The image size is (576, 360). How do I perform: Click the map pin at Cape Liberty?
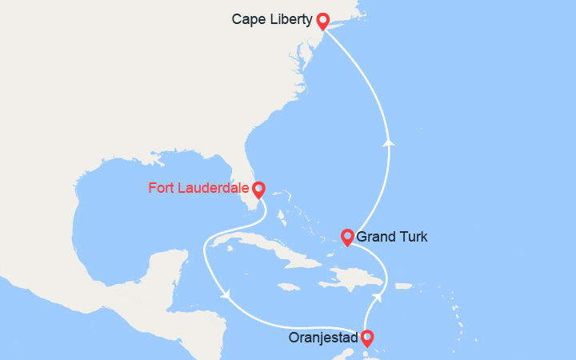click(322, 20)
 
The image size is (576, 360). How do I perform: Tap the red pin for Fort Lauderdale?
click(258, 189)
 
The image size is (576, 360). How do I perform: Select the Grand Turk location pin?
click(347, 236)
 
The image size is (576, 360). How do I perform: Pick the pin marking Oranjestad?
click(366, 337)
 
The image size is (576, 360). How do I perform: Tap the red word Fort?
click(162, 190)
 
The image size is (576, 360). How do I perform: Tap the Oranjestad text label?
click(324, 338)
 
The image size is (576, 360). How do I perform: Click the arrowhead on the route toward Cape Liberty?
click(390, 142)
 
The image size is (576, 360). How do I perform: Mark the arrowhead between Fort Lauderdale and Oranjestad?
click(226, 294)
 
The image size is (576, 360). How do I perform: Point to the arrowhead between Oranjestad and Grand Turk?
click(376, 297)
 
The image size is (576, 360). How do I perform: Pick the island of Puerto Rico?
click(402, 286)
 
